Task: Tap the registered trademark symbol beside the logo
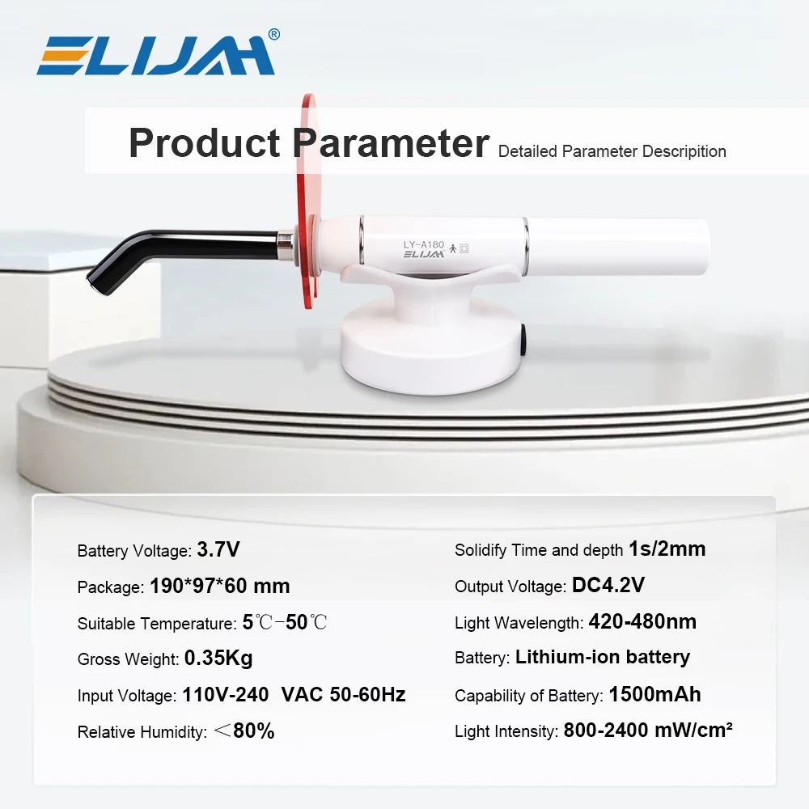(x=273, y=34)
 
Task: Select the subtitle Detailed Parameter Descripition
(x=612, y=151)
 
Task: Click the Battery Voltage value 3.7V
(x=218, y=550)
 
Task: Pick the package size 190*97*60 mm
(x=219, y=586)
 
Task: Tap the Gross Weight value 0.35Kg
(x=218, y=659)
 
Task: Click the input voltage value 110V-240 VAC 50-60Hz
(x=293, y=694)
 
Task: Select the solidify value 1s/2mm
(x=667, y=549)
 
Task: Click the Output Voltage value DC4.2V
(x=608, y=585)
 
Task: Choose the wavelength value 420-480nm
(x=642, y=621)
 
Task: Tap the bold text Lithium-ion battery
(x=603, y=657)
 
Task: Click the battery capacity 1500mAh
(x=654, y=694)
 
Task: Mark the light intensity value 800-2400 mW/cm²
(x=647, y=731)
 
